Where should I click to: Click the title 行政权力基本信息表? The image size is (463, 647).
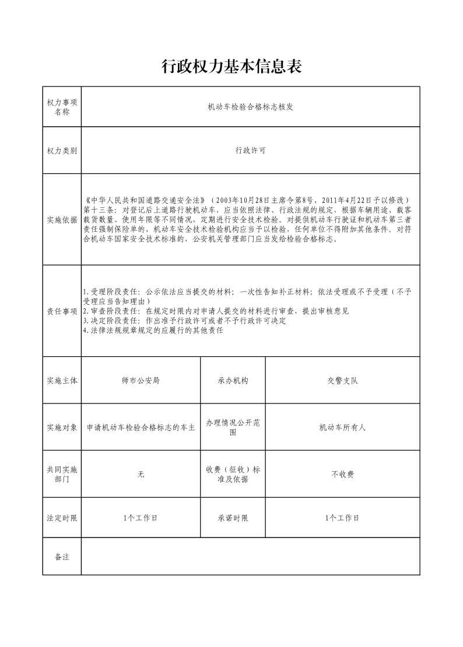pyautogui.click(x=232, y=67)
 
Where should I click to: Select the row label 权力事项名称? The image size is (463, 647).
pyautogui.click(x=62, y=107)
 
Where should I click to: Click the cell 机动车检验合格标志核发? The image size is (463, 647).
pyautogui.click(x=250, y=107)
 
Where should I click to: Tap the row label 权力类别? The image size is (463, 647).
pyautogui.click(x=62, y=151)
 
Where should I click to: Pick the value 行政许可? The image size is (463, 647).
pyautogui.click(x=250, y=151)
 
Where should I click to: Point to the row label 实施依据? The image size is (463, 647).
pyautogui.click(x=62, y=220)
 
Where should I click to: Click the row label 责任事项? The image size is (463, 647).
pyautogui.click(x=62, y=311)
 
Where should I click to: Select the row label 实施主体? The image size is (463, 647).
pyautogui.click(x=62, y=381)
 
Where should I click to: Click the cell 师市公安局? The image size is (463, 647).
pyautogui.click(x=141, y=381)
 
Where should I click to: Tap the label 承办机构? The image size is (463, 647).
pyautogui.click(x=233, y=381)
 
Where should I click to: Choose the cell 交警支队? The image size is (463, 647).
pyautogui.click(x=342, y=381)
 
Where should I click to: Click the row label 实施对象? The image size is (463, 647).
pyautogui.click(x=62, y=427)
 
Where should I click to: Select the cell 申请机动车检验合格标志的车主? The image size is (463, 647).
pyautogui.click(x=141, y=427)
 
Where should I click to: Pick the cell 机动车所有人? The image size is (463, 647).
pyautogui.click(x=342, y=427)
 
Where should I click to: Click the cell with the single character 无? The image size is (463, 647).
pyautogui.click(x=141, y=475)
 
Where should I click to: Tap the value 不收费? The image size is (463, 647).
pyautogui.click(x=342, y=475)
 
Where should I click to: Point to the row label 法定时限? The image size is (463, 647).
pyautogui.click(x=62, y=518)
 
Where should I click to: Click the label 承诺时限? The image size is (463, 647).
pyautogui.click(x=233, y=518)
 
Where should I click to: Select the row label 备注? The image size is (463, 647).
pyautogui.click(x=62, y=557)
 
